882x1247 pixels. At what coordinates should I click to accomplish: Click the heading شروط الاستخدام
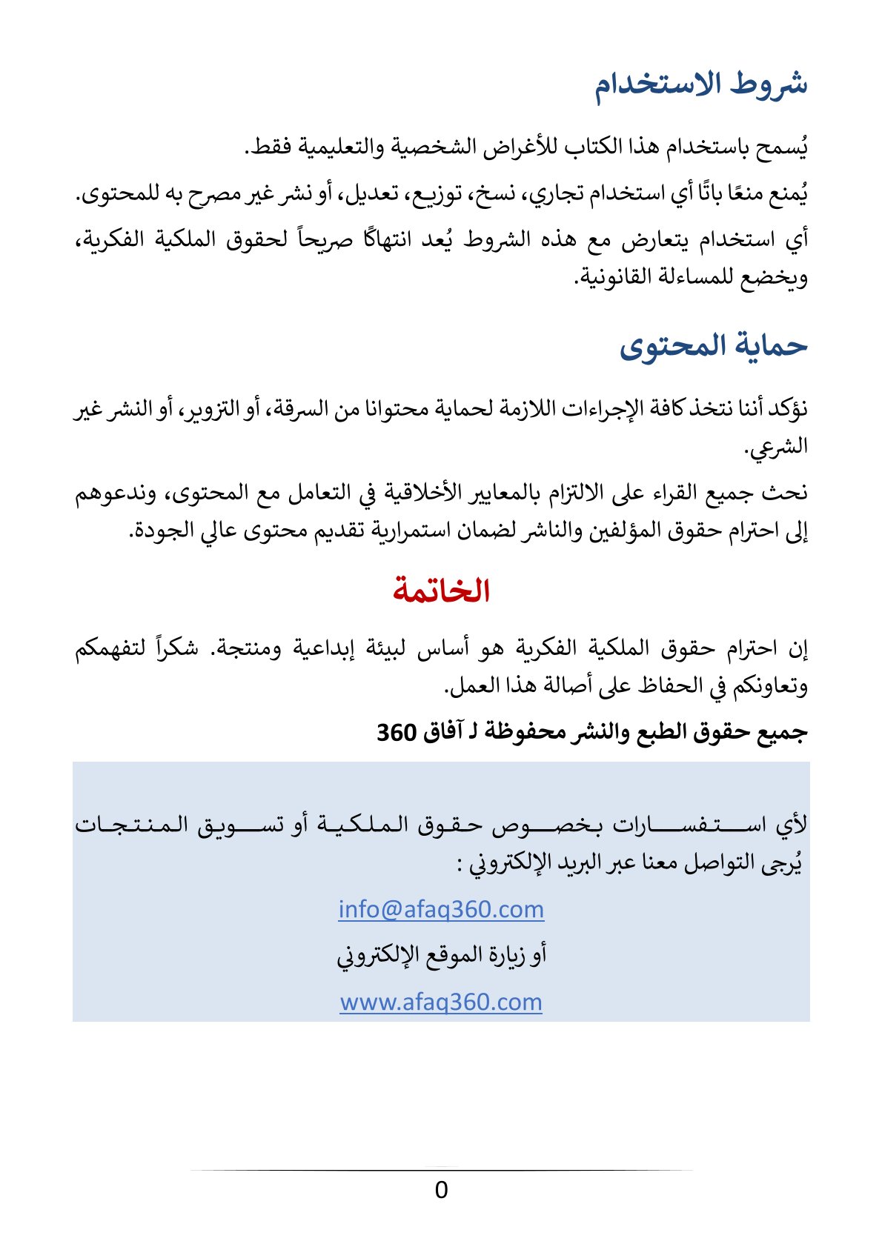coord(700,84)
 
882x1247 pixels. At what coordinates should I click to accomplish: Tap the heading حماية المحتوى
coord(713,346)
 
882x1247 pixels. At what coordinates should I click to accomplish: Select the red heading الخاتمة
coord(441,591)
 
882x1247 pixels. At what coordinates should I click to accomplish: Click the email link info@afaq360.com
coord(441,909)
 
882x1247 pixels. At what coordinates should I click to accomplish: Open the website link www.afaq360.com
coord(441,1002)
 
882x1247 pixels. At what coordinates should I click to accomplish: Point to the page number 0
coord(441,1190)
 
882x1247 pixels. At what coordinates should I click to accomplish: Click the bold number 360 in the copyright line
coord(396,732)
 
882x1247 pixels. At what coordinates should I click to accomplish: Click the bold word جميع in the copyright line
coord(786,732)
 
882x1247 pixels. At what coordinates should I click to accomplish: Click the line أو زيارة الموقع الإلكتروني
coord(441,955)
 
